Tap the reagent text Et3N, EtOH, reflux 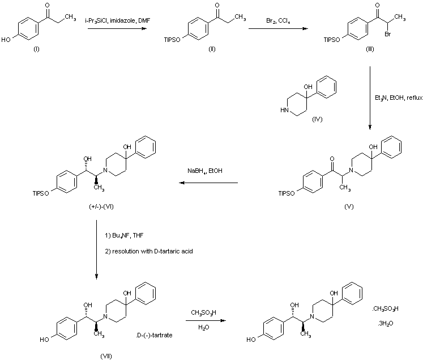coord(394,98)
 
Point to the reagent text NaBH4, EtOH coord(206,170)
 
